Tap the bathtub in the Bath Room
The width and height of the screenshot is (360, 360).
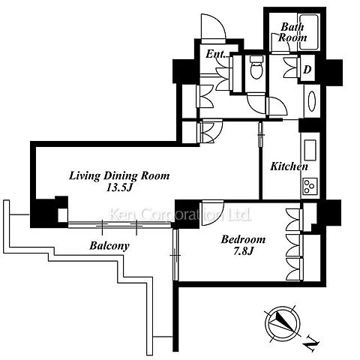[309, 32]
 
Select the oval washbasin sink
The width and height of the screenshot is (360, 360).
[312, 101]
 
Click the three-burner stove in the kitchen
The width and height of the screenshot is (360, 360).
[310, 186]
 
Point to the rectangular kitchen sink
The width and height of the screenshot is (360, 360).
[310, 150]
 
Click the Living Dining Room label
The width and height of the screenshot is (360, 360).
[119, 175]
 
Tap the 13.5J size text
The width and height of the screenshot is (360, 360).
[119, 187]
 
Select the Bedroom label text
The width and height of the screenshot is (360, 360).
[243, 239]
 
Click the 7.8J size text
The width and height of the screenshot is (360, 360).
[244, 251]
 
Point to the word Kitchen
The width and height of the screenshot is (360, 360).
[289, 166]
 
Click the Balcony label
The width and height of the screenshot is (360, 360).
[109, 246]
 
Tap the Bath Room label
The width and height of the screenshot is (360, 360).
[292, 32]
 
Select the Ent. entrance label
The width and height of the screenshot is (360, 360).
[216, 54]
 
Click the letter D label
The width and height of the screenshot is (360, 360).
[307, 70]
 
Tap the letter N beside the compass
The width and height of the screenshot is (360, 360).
[312, 343]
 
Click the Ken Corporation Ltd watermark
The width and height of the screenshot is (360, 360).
[180, 214]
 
